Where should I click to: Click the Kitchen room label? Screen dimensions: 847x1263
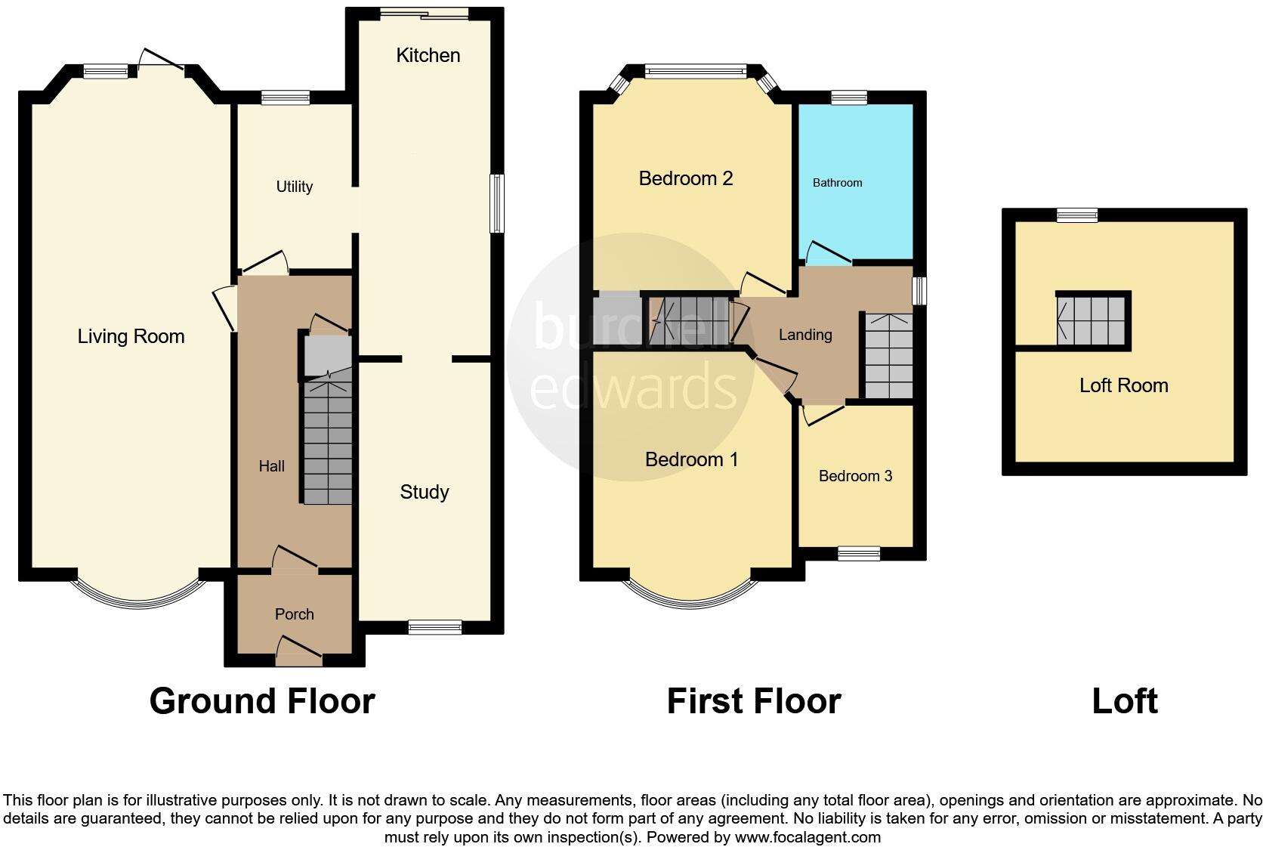428,55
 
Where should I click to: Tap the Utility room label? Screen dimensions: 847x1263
294,187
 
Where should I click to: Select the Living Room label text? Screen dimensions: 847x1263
131,336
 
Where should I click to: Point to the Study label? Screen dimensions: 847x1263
424,492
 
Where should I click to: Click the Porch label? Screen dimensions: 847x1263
294,614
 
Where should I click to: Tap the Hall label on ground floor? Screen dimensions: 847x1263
271,466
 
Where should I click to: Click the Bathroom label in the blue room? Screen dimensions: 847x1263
837,183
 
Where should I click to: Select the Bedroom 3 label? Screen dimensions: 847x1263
855,476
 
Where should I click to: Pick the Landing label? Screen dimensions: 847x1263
805,335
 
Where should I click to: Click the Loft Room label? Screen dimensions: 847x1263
1123,385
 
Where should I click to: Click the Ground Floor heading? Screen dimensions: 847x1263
262,701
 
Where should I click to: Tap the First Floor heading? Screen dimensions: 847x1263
753,701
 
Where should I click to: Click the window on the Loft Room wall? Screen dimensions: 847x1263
1077,215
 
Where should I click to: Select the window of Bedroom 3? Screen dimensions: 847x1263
859,554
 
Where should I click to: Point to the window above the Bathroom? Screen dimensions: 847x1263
849,97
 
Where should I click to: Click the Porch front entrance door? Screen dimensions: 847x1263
299,651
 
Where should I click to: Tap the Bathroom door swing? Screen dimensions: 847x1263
828,253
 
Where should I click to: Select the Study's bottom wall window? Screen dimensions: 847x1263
434,627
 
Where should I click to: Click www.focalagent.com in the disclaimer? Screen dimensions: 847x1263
807,837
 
